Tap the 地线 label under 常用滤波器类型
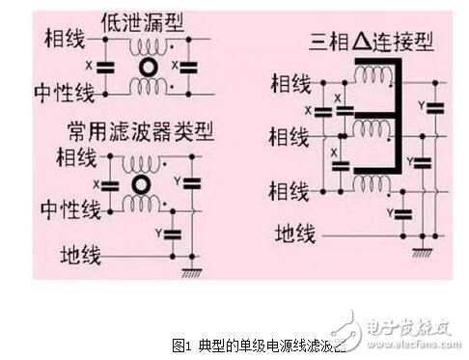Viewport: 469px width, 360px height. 82,255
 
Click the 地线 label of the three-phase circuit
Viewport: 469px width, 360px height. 295,233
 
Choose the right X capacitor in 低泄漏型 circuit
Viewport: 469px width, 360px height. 189,68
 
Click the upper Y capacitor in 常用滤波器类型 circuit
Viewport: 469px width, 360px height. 191,180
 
